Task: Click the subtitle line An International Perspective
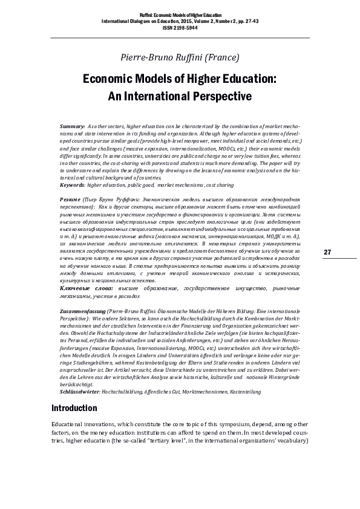click(179, 96)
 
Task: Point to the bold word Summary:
click(73, 124)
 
